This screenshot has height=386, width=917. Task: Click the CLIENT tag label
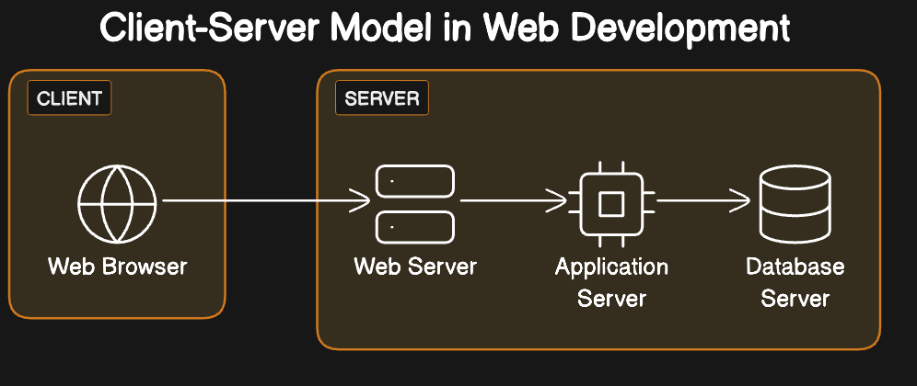point(69,98)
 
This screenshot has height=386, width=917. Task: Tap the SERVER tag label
point(381,98)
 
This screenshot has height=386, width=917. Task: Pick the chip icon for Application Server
point(610,202)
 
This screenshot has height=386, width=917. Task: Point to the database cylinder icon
point(795,202)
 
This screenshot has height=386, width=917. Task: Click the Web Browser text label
point(117,267)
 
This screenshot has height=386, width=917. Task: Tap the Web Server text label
point(415,267)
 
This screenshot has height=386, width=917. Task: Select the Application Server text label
point(611,283)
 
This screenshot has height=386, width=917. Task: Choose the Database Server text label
point(795,283)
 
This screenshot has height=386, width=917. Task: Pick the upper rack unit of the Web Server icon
point(415,181)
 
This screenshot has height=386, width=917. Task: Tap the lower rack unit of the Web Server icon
point(415,226)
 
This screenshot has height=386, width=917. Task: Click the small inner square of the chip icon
point(610,203)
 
